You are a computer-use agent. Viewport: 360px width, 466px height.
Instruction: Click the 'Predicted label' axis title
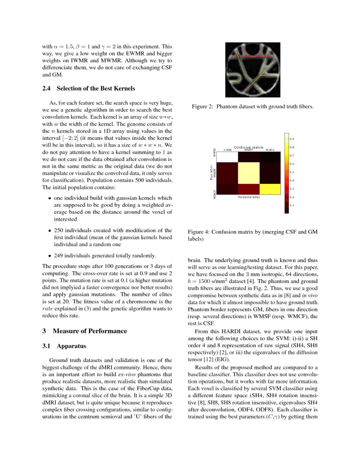point(249,197)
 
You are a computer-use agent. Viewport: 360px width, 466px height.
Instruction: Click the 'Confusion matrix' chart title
point(249,147)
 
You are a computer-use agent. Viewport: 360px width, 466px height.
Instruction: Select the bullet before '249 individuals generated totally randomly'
point(50,256)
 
